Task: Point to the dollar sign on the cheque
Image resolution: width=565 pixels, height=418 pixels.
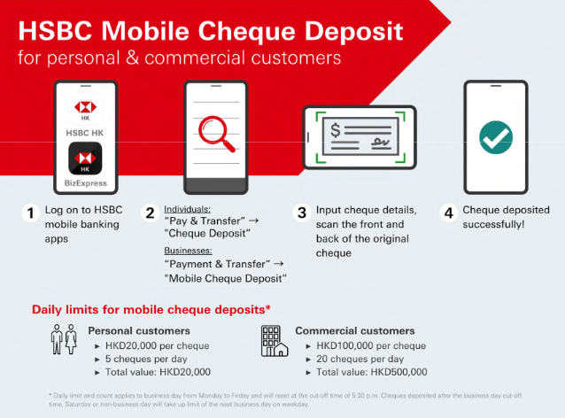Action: point(337,131)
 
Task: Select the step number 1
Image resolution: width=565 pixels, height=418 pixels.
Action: point(30,213)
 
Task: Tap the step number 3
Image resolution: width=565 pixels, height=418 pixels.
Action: point(302,213)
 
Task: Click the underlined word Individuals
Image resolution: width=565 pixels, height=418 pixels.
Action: point(186,209)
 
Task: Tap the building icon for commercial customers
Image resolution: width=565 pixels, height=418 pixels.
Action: point(274,339)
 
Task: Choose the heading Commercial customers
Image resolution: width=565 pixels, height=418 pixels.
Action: point(354,331)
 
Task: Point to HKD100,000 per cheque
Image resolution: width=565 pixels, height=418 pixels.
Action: point(370,345)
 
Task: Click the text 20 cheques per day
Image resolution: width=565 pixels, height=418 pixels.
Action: point(360,359)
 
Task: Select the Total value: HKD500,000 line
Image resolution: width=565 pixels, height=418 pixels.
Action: point(371,372)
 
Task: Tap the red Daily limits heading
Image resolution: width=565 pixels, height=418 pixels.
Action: point(151,309)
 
